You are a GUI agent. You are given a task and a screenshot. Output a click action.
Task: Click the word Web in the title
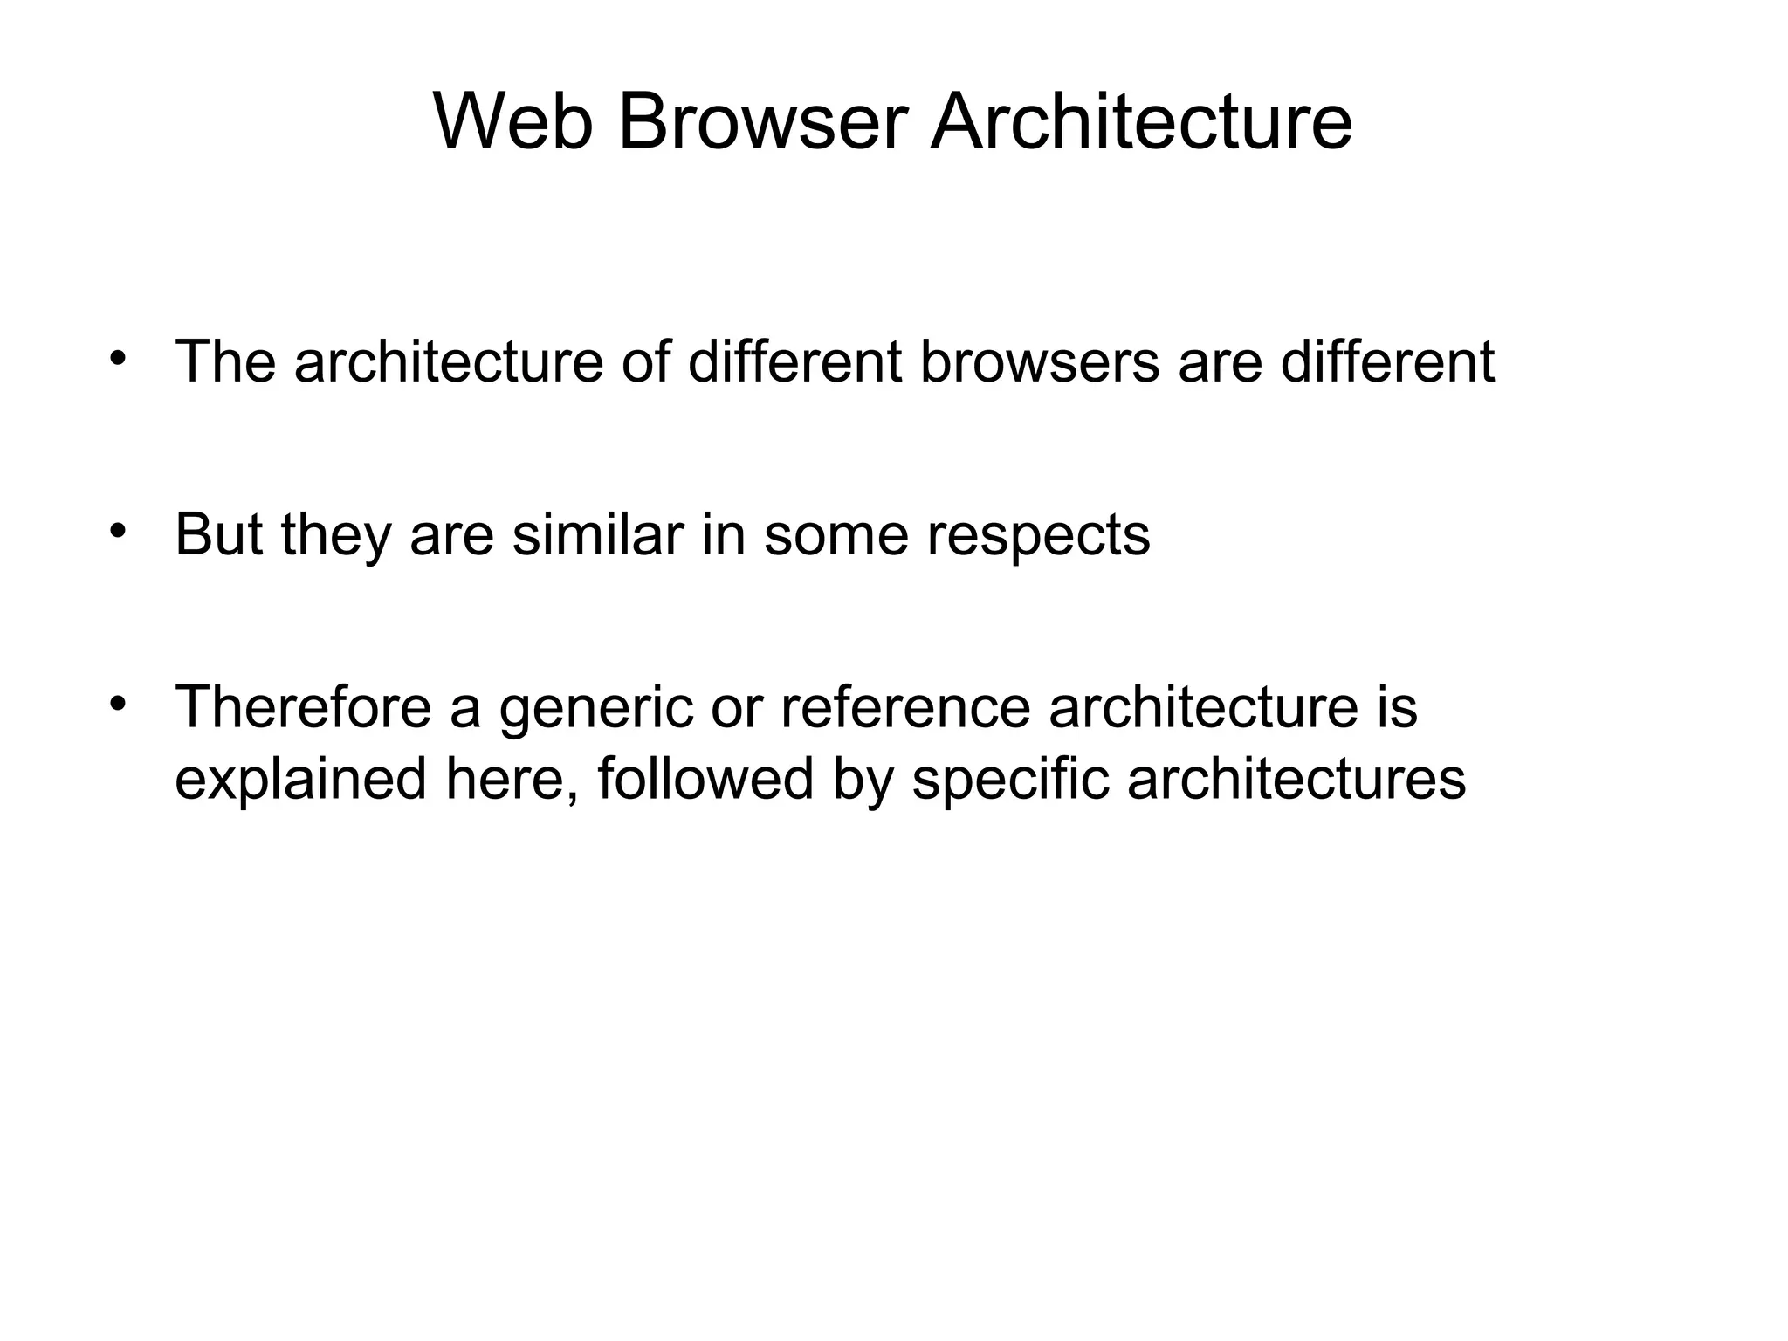(x=512, y=123)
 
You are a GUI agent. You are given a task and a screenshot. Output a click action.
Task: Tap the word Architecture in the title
(x=1141, y=123)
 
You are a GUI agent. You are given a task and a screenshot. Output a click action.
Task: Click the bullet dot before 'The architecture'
(x=119, y=358)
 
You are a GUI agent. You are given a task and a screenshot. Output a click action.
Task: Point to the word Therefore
(x=303, y=706)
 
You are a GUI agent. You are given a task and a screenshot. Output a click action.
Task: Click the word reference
(x=905, y=706)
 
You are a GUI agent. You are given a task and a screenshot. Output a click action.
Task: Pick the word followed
(x=705, y=778)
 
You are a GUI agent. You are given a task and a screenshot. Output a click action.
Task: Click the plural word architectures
(x=1296, y=778)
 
